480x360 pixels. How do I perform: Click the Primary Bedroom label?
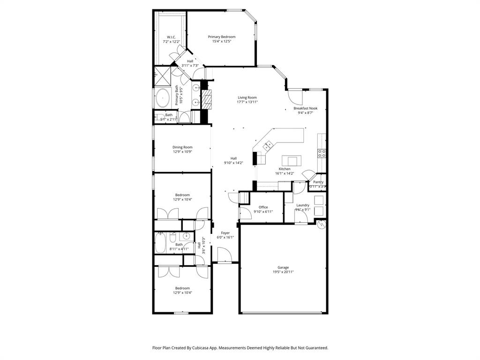[222, 37]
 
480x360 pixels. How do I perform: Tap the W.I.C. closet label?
[171, 37]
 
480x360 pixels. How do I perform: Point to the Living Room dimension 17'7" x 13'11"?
[247, 102]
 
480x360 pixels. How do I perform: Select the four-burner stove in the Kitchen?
[322, 153]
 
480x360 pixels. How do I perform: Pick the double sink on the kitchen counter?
[269, 146]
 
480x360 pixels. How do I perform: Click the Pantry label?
[318, 182]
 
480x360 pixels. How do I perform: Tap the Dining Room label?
[182, 147]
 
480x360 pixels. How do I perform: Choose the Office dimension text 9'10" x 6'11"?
[263, 211]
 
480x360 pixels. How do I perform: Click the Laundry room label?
[303, 205]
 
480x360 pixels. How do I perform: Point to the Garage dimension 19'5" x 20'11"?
[283, 272]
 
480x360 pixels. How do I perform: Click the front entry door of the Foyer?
[225, 256]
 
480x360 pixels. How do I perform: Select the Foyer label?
[225, 232]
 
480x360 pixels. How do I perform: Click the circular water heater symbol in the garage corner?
[321, 225]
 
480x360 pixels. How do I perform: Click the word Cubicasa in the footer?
[206, 348]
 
